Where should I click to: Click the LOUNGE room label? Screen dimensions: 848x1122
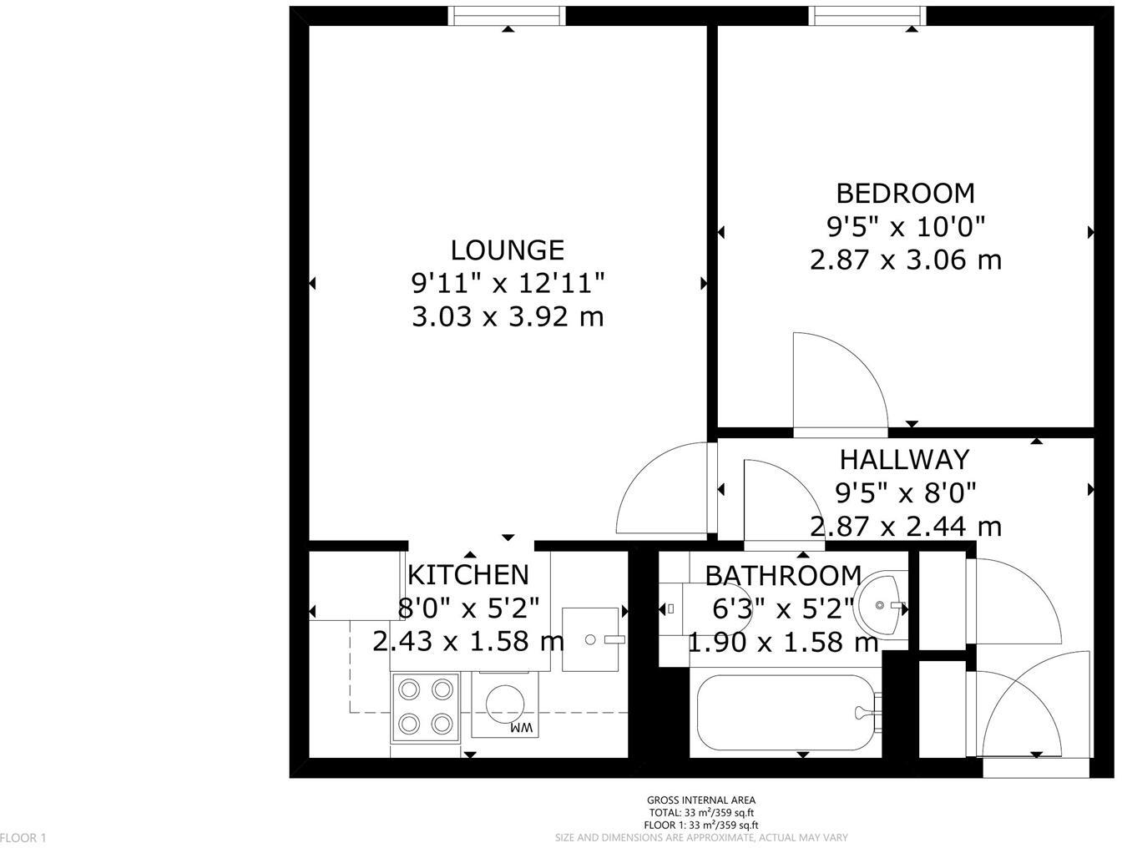click(x=508, y=250)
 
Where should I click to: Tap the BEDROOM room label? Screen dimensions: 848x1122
click(x=905, y=194)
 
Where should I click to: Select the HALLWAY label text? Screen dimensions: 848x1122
click(x=904, y=460)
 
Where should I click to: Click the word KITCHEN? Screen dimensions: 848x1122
click(x=467, y=575)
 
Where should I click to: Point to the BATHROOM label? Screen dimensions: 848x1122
click(x=783, y=576)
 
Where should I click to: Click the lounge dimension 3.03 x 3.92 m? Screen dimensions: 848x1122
click(x=508, y=317)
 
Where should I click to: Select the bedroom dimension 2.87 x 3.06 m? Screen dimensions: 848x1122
click(x=905, y=260)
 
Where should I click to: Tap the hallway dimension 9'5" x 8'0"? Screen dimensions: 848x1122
click(x=905, y=493)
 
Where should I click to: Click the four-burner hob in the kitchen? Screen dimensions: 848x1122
click(x=425, y=706)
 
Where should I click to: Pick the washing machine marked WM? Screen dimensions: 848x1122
click(x=505, y=705)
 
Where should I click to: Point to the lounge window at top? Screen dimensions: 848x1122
click(x=507, y=16)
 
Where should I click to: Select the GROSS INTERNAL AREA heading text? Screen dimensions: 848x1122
click(x=701, y=800)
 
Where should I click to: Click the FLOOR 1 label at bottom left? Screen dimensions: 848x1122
click(x=24, y=837)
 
